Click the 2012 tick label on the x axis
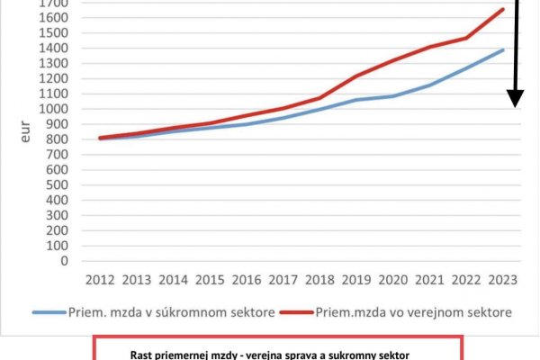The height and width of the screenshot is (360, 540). coord(99,280)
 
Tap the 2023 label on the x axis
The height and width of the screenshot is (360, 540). coord(502,280)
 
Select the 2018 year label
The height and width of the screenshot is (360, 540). coord(319,280)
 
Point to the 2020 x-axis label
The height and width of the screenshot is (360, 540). coord(392,280)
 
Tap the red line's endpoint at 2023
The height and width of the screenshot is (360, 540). coord(502,9)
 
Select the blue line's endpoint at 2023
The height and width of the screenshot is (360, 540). coord(502,49)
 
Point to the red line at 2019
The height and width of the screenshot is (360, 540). coord(355,76)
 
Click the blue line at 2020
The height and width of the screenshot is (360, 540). coord(392,96)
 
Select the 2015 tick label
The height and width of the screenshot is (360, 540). coord(209,280)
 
